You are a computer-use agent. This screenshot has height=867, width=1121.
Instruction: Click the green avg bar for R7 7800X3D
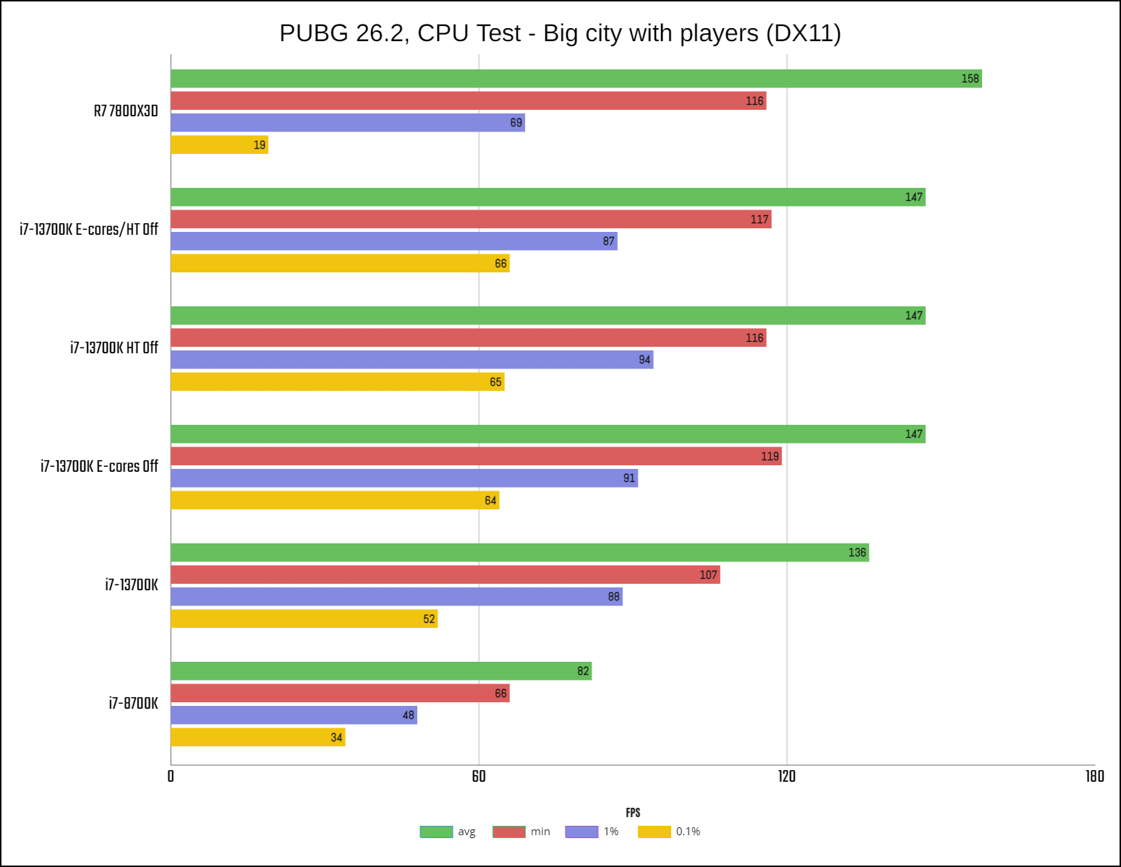pyautogui.click(x=576, y=79)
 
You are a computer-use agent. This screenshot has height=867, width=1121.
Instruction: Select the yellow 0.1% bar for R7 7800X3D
pyautogui.click(x=219, y=144)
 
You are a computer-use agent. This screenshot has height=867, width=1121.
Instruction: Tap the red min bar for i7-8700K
pyautogui.click(x=340, y=693)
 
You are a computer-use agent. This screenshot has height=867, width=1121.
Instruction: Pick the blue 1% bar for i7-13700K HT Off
pyautogui.click(x=412, y=360)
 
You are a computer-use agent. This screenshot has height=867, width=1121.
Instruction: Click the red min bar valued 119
pyautogui.click(x=476, y=456)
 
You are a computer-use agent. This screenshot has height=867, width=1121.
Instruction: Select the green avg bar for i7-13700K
pyautogui.click(x=519, y=553)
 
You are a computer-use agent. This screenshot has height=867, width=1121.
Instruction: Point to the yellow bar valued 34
pyautogui.click(x=257, y=737)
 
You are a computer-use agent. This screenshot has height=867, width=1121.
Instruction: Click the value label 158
pyautogui.click(x=970, y=79)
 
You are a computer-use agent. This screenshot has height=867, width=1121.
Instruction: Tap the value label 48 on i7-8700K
pyautogui.click(x=409, y=715)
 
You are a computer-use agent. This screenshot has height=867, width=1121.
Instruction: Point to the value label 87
pyautogui.click(x=608, y=241)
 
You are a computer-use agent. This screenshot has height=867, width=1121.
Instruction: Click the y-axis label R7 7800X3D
pyautogui.click(x=126, y=111)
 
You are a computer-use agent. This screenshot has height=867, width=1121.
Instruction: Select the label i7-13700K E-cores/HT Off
pyautogui.click(x=89, y=230)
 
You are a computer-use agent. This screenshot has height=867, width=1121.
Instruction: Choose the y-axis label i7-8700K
pyautogui.click(x=133, y=704)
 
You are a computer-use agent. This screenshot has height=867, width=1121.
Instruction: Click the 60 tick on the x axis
pyautogui.click(x=479, y=777)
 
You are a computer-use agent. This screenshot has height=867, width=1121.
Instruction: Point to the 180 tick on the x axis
pyautogui.click(x=1094, y=777)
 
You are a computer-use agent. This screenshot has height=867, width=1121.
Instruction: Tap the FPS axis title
pyautogui.click(x=633, y=813)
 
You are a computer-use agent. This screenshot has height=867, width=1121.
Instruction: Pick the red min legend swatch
pyautogui.click(x=509, y=832)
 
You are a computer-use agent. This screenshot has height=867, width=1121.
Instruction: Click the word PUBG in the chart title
pyautogui.click(x=314, y=33)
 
